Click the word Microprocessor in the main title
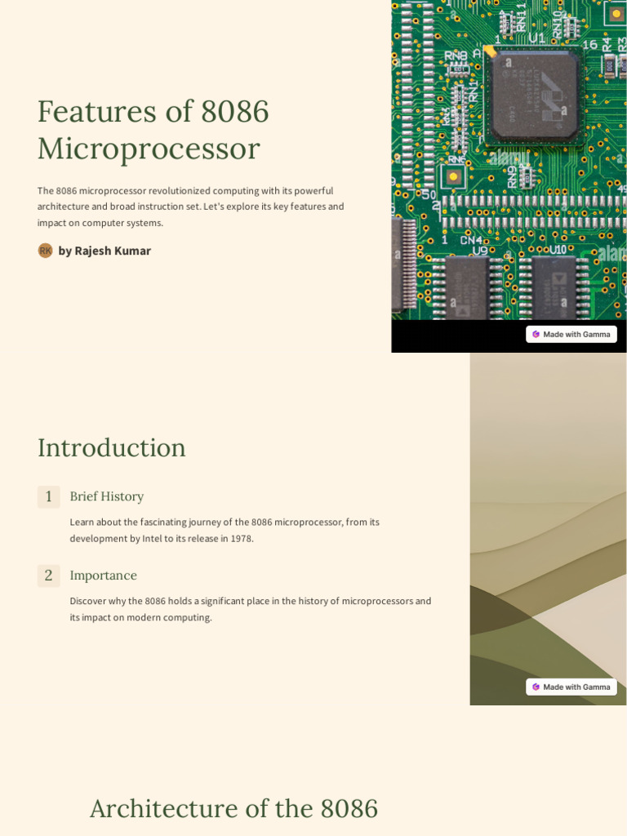pos(149,149)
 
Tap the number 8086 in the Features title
pos(234,112)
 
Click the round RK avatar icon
pos(46,251)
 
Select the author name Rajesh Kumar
pos(113,251)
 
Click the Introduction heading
pos(112,447)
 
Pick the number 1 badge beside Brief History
pos(49,496)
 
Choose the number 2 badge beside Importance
pos(49,576)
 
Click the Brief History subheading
pos(107,496)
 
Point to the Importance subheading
pos(104,576)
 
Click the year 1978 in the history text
pos(240,539)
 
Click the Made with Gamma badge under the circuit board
pos(571,334)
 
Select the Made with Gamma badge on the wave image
pos(571,687)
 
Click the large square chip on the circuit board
pos(534,96)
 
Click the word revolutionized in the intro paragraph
pos(179,191)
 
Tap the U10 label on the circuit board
pos(558,250)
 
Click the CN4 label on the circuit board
pos(471,241)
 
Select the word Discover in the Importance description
pos(89,602)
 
